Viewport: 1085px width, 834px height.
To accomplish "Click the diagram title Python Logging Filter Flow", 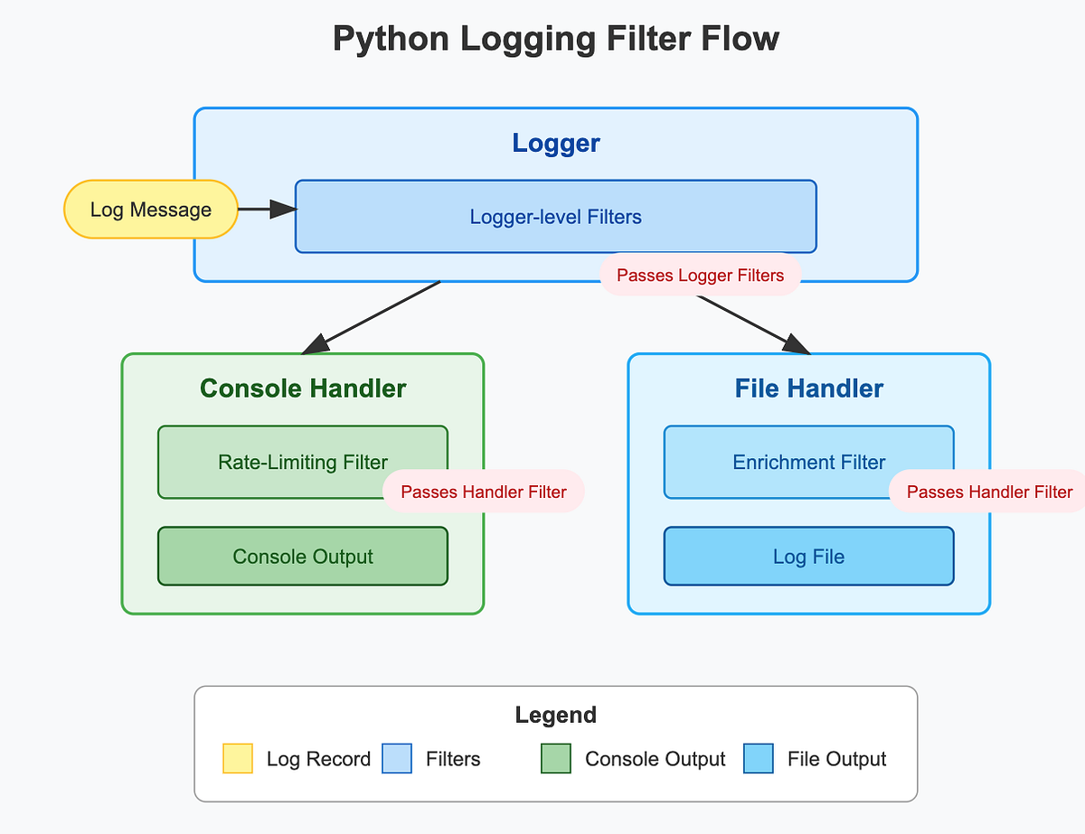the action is tap(556, 39).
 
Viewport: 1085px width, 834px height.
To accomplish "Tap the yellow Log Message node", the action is tap(151, 210).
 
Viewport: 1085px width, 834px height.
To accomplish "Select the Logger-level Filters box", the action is tap(556, 217).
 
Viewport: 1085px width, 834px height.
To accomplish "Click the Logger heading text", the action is tap(556, 143).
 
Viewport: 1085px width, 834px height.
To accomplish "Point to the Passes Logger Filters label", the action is tap(700, 276).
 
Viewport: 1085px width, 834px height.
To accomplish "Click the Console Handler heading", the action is tap(303, 388).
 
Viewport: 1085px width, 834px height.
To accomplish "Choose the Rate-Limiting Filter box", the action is tap(303, 462).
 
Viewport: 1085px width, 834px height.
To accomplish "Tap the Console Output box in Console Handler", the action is tap(303, 557).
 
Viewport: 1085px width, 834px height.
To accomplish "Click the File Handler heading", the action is tap(809, 388).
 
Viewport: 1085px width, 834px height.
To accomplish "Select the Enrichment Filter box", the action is tap(809, 462).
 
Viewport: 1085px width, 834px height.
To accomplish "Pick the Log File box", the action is tap(809, 557).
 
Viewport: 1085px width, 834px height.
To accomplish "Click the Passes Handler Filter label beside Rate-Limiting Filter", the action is tap(484, 492).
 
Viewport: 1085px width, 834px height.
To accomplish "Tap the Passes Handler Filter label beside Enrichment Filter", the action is tap(988, 492).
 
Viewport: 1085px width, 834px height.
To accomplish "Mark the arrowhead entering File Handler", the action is tap(797, 345).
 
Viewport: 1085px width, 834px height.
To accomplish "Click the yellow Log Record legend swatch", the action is tap(238, 758).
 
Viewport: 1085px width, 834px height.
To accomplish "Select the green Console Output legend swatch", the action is tap(556, 758).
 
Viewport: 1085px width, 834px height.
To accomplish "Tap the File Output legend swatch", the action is tap(759, 758).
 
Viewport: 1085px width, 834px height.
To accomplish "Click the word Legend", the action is tap(556, 715).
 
